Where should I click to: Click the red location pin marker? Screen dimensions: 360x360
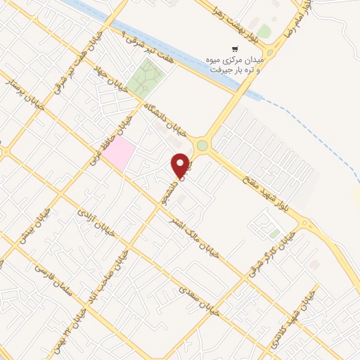[181, 166]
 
